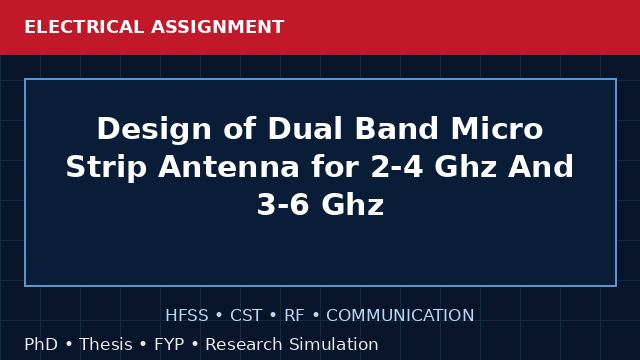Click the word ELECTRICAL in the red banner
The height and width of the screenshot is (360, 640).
point(84,27)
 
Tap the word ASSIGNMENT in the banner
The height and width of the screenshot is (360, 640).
point(218,27)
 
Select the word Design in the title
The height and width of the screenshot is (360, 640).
point(154,130)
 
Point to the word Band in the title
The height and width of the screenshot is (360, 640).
point(396,129)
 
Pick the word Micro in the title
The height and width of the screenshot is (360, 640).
point(497,129)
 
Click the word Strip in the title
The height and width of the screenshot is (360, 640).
point(106,168)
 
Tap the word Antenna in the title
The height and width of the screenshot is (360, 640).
point(229,167)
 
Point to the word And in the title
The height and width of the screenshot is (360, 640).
point(541,167)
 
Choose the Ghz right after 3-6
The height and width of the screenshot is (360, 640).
point(353,204)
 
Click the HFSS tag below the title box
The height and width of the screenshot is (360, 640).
point(187,315)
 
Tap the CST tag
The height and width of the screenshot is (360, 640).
point(246,315)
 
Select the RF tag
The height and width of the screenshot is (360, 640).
point(294,315)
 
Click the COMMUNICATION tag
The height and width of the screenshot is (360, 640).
point(400,315)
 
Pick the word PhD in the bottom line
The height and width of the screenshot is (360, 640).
point(41,344)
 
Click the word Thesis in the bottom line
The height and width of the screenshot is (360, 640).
point(106,344)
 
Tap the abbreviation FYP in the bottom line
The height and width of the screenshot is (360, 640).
point(169,344)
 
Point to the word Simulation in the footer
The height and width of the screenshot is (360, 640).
point(333,344)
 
